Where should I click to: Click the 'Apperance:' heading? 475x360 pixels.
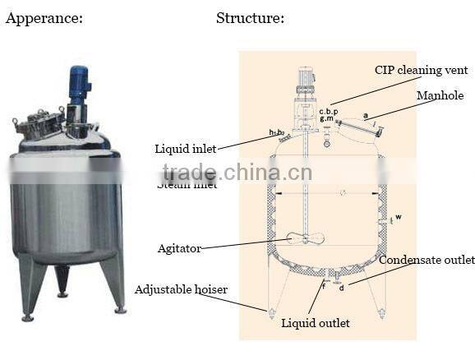[x=44, y=17]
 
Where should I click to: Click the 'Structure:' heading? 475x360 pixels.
[x=251, y=17]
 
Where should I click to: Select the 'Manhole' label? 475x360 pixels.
[x=440, y=96]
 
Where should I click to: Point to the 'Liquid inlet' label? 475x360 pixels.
[x=187, y=149]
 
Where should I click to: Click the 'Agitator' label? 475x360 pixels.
[x=179, y=247]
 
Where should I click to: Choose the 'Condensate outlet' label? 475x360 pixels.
[x=427, y=260]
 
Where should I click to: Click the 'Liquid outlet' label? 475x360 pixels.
[x=316, y=323]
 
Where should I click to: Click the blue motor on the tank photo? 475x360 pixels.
[x=79, y=83]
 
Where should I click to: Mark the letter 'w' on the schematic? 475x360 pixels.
[x=398, y=217]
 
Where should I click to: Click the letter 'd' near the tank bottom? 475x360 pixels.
[x=341, y=287]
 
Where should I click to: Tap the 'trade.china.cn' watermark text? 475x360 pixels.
[x=237, y=173]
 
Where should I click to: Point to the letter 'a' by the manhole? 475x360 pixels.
[x=364, y=117]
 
